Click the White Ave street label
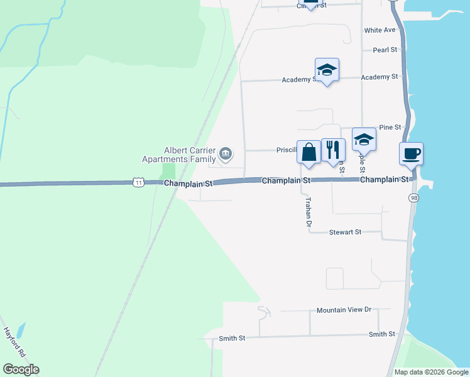coord(380,30)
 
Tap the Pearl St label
coord(385,50)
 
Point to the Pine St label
coord(390,127)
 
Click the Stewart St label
coord(346,232)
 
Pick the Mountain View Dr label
coord(344,310)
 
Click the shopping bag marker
coord(309,152)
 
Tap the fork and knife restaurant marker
coord(333,150)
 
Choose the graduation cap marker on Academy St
coord(327,69)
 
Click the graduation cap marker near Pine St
coord(364,139)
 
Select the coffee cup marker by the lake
coord(411,153)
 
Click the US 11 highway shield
coord(138,182)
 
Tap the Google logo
coord(21,369)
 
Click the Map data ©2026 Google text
coord(431,372)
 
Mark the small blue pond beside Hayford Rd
coord(21,330)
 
